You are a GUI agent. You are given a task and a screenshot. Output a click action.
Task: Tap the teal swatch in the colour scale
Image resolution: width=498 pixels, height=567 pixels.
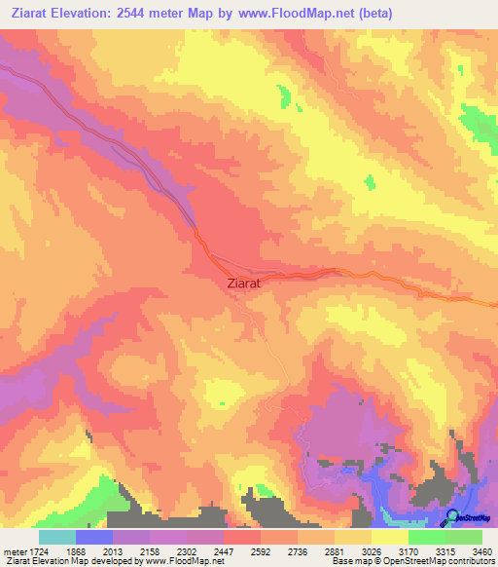[56, 537]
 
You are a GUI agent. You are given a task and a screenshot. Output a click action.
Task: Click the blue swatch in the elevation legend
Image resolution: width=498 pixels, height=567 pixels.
[94, 537]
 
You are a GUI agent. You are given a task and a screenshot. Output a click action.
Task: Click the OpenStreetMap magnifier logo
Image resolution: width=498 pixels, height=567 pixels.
[454, 516]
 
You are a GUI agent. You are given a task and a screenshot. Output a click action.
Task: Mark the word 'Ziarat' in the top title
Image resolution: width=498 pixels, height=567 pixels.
[34, 13]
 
